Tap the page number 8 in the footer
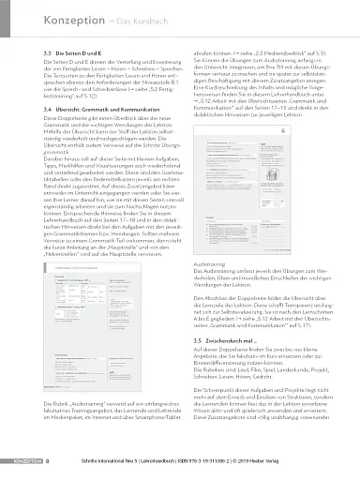pyautogui.click(x=48, y=462)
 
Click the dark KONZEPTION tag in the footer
pyautogui.click(x=19, y=462)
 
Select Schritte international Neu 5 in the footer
pyautogui.click(x=95, y=462)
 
